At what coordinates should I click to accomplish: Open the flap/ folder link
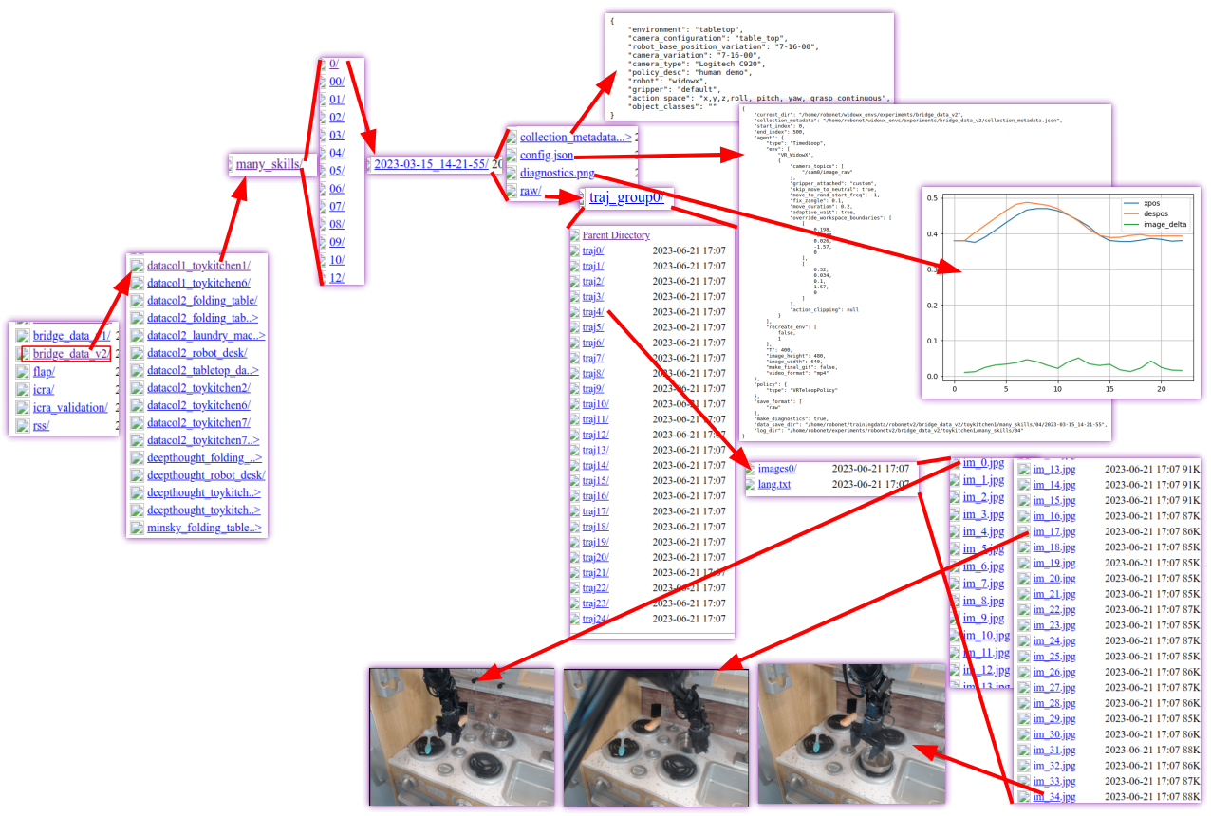point(44,372)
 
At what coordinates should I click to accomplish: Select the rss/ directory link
point(41,425)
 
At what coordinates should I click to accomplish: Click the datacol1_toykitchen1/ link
point(198,266)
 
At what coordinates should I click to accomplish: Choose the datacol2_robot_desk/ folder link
point(196,353)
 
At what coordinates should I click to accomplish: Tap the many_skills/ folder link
point(270,164)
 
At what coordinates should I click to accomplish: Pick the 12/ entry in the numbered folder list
point(336,277)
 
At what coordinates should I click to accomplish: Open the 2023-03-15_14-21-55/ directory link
point(431,164)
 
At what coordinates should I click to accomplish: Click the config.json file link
point(546,155)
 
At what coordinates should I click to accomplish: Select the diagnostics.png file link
point(557,173)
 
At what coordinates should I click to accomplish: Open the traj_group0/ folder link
point(626,197)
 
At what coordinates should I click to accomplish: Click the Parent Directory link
point(616,235)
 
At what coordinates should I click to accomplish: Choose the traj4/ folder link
point(592,312)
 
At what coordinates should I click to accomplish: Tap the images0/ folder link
point(777,469)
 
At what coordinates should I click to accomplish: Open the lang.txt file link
point(773,485)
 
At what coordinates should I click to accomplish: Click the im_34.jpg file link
point(1053,796)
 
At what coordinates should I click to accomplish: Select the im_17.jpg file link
point(1053,531)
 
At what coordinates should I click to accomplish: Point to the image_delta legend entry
point(1164,225)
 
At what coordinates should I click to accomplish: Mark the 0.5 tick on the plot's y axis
point(932,198)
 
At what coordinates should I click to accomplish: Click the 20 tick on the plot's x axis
point(1161,389)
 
